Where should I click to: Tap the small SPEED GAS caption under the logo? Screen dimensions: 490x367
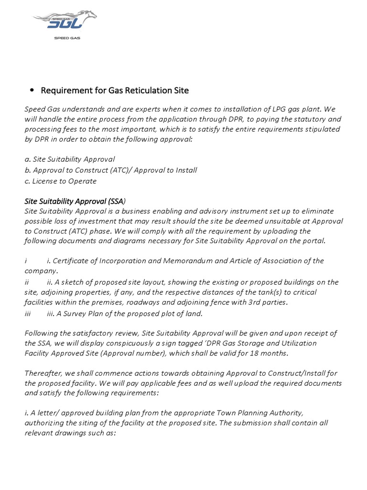pyautogui.click(x=66, y=37)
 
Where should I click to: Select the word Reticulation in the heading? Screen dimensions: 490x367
pyautogui.click(x=135, y=90)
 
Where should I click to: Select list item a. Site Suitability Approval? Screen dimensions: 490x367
pyautogui.click(x=70, y=159)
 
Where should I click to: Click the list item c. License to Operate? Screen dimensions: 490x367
pyautogui.click(x=61, y=181)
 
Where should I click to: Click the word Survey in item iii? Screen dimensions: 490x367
pyautogui.click(x=76, y=313)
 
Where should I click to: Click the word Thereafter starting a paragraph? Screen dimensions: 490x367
pyautogui.click(x=43, y=374)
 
